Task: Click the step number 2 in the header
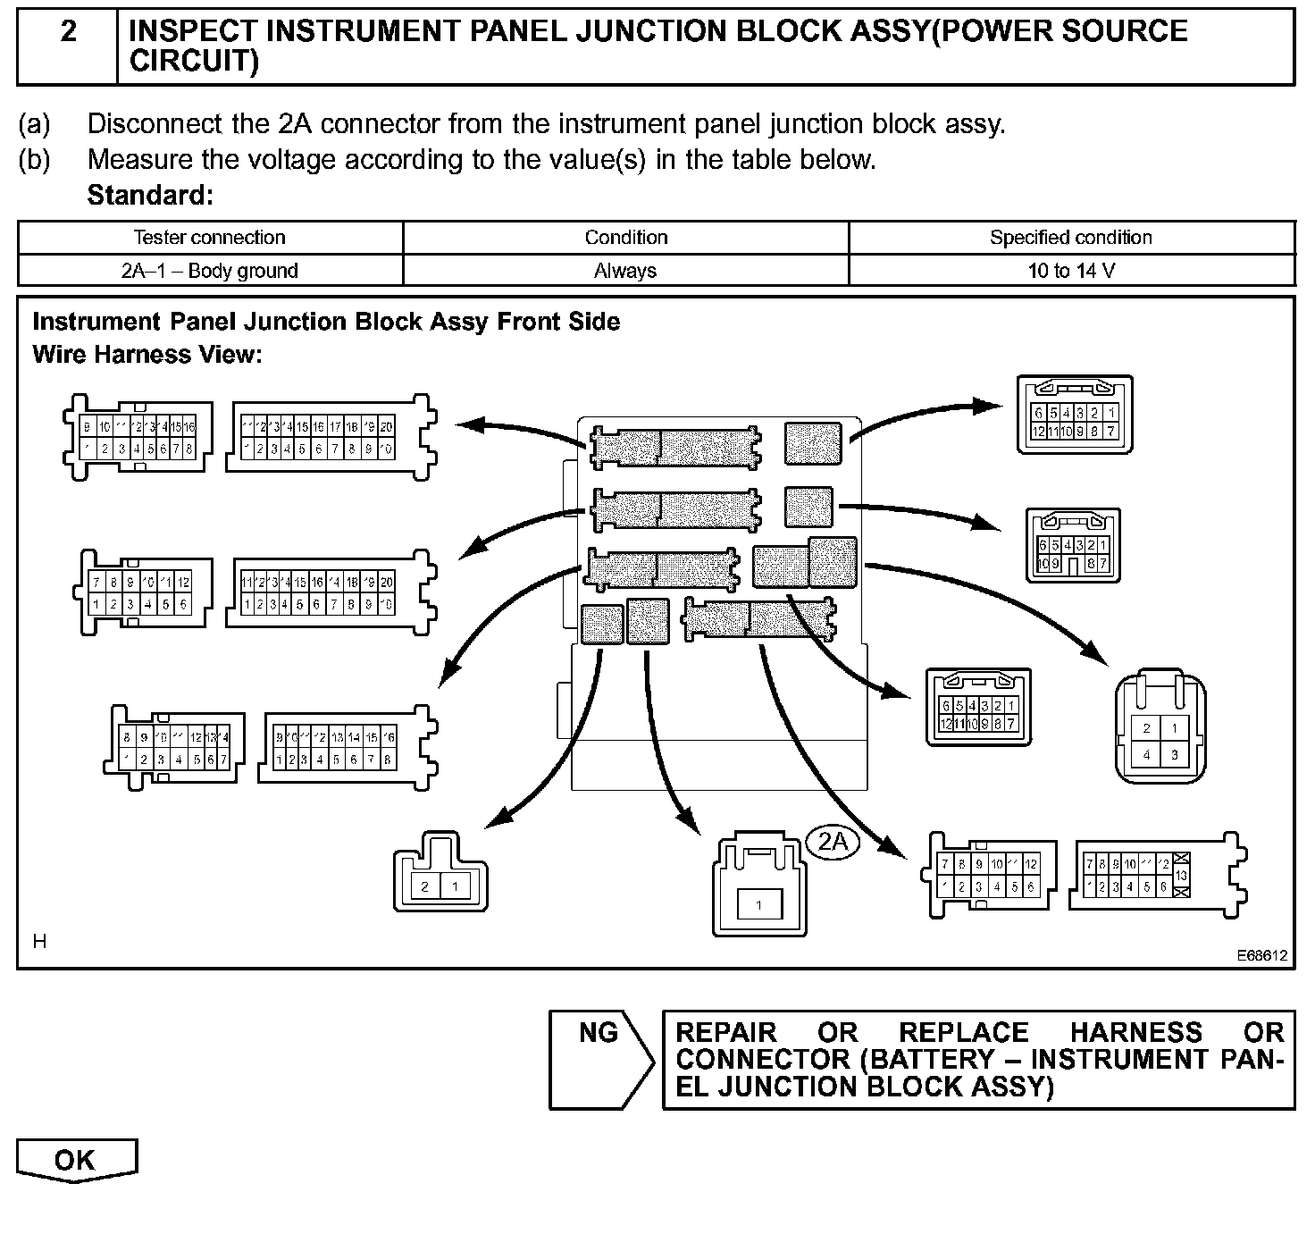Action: click(68, 32)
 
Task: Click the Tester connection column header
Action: click(209, 238)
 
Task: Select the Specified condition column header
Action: click(1070, 238)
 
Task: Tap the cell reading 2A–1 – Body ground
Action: click(209, 271)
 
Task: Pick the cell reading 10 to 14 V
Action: click(1070, 271)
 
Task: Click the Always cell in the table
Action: click(625, 271)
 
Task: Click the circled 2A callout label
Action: click(833, 842)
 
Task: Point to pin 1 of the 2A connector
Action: click(758, 905)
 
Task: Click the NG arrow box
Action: click(600, 1060)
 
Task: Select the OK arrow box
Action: click(76, 1161)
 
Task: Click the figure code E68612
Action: click(1261, 955)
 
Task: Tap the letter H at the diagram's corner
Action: click(39, 941)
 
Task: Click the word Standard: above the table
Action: click(150, 195)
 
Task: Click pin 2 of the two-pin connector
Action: click(425, 886)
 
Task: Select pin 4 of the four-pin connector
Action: click(1146, 754)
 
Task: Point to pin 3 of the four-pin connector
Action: click(1175, 754)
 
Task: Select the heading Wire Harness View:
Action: click(147, 355)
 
